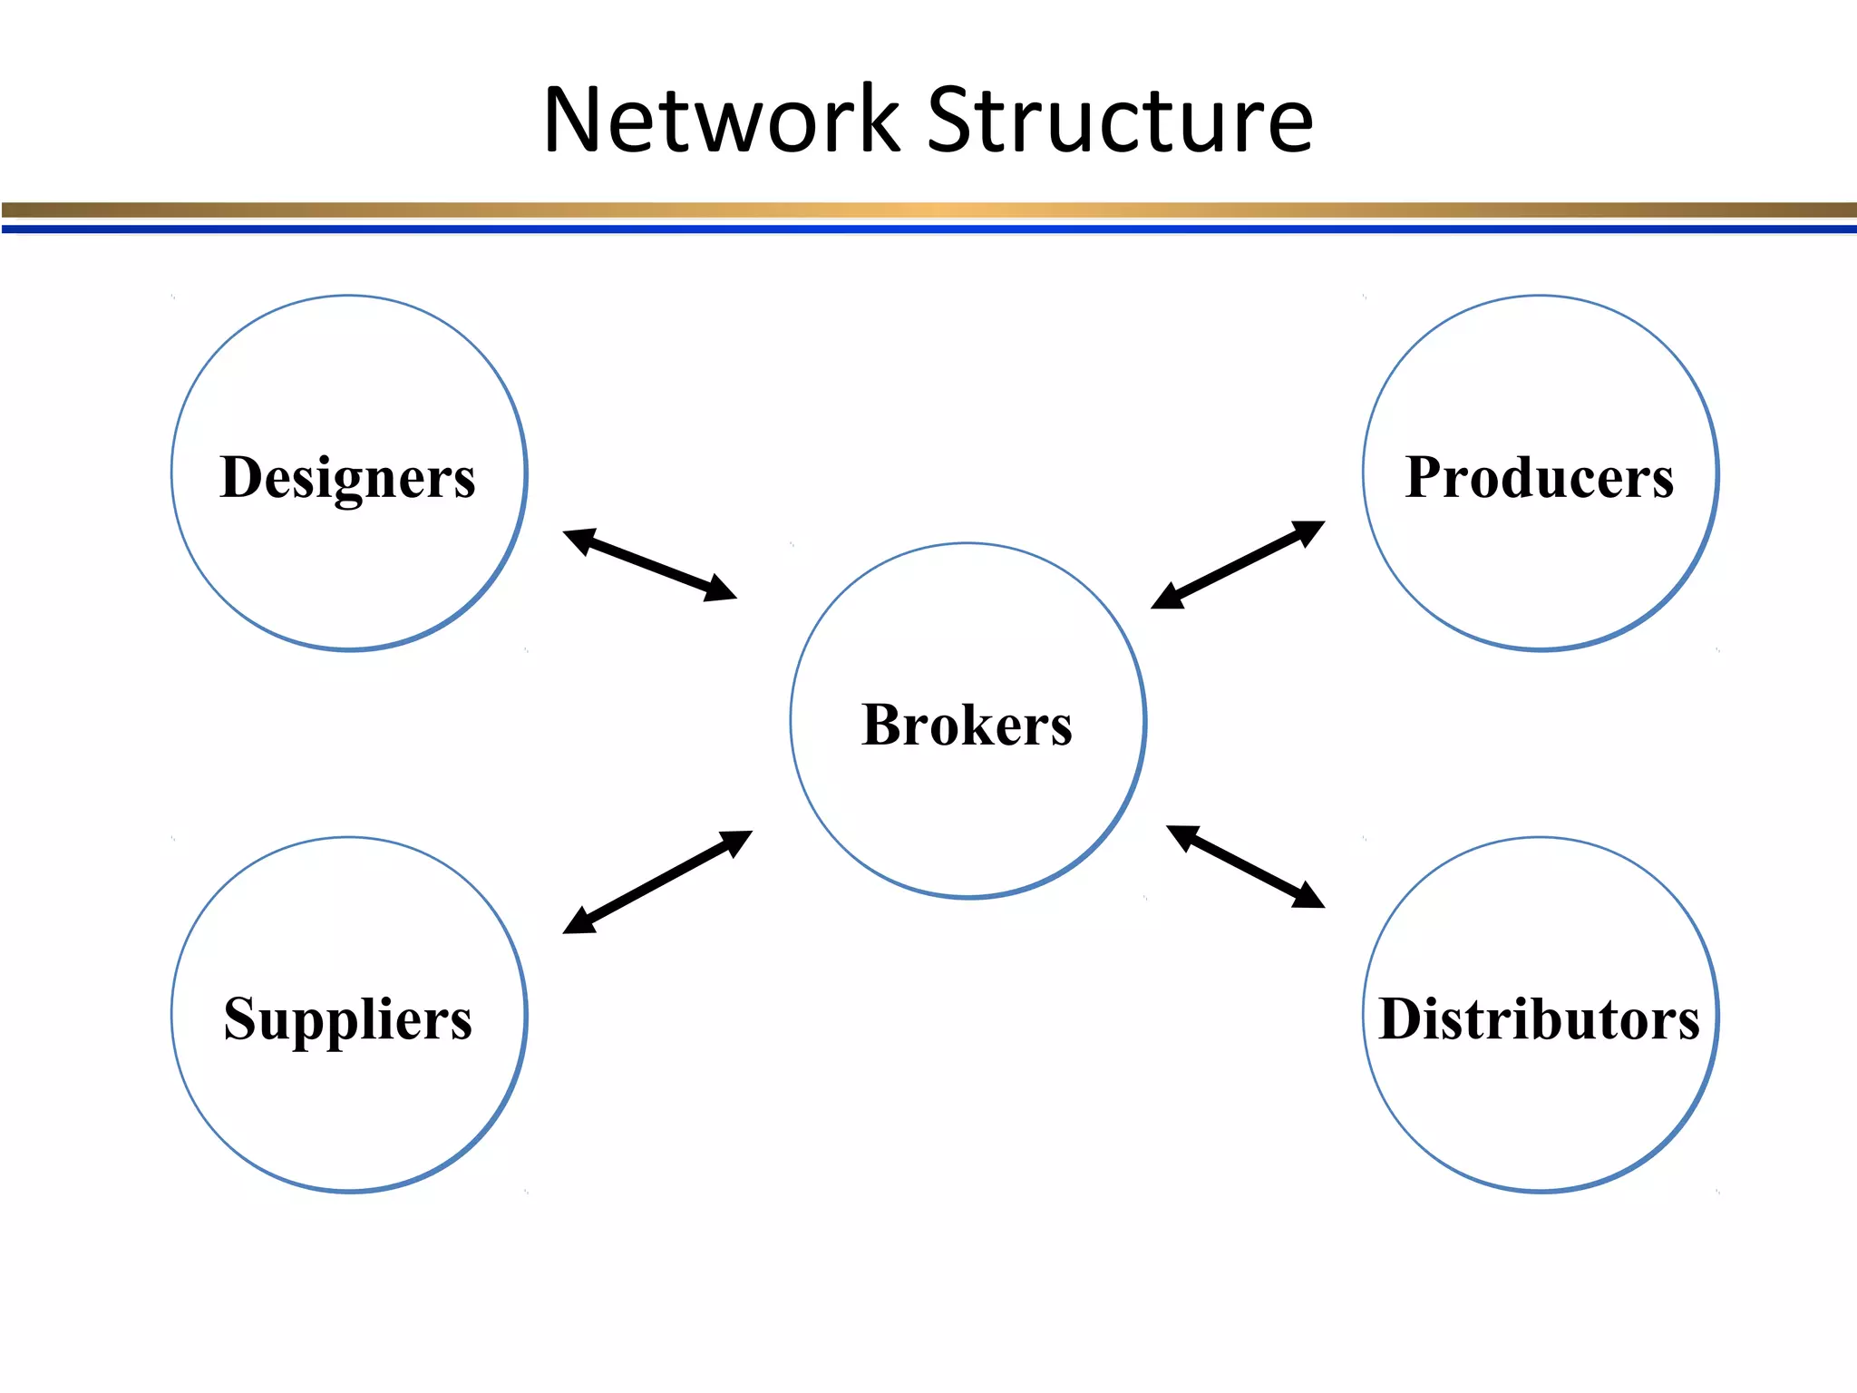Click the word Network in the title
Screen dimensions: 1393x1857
pos(721,120)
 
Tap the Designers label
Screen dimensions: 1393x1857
pos(347,477)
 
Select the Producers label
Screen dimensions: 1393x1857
pos(1539,477)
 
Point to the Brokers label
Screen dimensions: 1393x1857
pos(967,725)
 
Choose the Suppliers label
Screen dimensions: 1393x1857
pos(347,1019)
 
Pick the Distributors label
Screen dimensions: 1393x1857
pos(1539,1019)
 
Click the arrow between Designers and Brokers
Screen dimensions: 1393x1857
pos(649,564)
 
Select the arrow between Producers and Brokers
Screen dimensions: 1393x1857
pos(1238,564)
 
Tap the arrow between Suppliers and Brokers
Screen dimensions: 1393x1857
pos(657,882)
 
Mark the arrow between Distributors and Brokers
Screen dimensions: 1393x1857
pos(1245,866)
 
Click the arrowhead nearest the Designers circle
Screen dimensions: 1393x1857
pos(578,540)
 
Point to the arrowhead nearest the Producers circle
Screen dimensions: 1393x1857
pos(1310,530)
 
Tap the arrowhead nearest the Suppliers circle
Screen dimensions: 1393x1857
pos(578,923)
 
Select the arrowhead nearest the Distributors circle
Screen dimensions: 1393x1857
pos(1310,897)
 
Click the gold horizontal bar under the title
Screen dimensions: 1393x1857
pos(928,210)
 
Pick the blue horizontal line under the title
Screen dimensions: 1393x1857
pos(928,229)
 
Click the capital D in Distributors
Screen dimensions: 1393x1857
pos(1402,1018)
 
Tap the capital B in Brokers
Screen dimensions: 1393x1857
pos(882,725)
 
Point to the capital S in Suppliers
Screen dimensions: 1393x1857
pos(242,1018)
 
